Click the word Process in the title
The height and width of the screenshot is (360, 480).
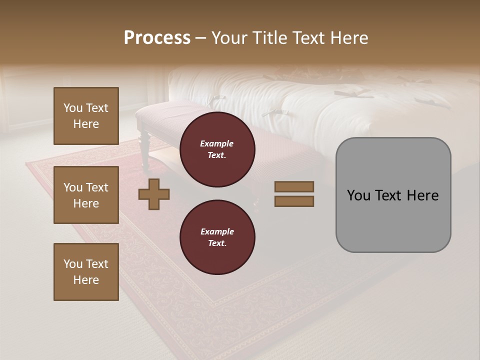157,37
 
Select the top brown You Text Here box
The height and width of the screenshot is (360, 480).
86,116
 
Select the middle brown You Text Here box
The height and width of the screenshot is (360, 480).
86,195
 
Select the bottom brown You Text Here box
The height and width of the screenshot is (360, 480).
86,272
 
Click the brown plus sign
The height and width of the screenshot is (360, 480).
154,194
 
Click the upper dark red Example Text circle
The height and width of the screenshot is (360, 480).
217,149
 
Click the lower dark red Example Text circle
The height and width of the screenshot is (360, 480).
217,237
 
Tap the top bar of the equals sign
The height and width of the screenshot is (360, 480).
294,187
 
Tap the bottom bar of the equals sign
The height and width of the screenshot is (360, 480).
294,201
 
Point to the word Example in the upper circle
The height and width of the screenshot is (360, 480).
217,143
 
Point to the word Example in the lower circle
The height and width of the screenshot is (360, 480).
217,231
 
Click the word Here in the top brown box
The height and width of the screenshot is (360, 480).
86,124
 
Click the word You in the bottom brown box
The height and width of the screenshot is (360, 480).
73,264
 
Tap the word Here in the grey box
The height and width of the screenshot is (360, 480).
422,195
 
